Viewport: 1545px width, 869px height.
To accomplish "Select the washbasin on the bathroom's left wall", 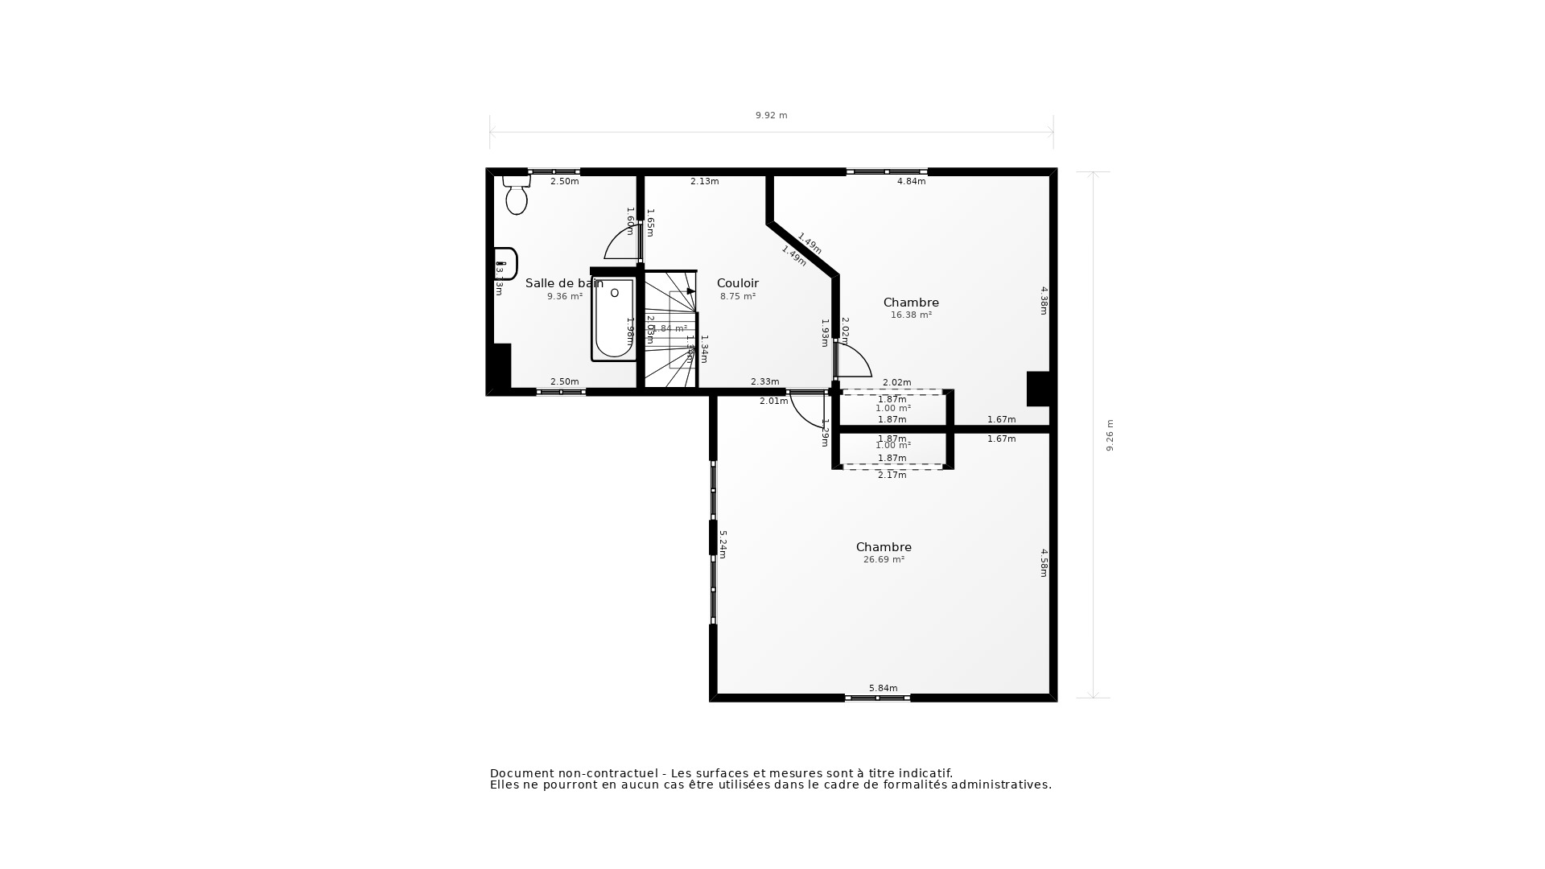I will click(505, 263).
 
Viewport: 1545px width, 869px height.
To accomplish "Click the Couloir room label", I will click(737, 283).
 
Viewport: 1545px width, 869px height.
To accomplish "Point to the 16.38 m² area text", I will click(911, 315).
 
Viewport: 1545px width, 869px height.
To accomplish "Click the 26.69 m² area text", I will click(884, 560).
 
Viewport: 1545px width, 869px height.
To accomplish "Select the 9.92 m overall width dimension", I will click(771, 116).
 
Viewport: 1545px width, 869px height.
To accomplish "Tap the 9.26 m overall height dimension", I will click(1110, 435).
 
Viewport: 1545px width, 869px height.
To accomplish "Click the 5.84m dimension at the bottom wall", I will click(883, 688).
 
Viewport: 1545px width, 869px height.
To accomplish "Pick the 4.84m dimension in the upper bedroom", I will click(911, 182).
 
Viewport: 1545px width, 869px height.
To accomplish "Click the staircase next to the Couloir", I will click(669, 330).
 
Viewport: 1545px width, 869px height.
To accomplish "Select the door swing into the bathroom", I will click(622, 244).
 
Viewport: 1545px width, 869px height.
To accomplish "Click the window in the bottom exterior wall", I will click(877, 698).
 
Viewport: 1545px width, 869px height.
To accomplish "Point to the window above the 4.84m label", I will click(887, 171).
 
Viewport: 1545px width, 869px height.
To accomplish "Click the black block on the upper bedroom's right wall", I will click(1038, 389).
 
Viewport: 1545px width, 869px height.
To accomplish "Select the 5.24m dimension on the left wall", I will click(723, 544).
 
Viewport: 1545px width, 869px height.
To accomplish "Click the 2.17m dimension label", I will click(892, 476).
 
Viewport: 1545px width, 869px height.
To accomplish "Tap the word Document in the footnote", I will click(521, 773).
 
